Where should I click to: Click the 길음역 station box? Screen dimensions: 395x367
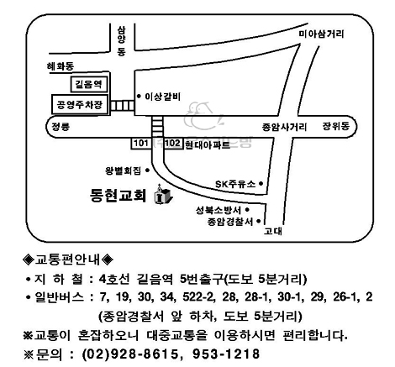tap(89, 84)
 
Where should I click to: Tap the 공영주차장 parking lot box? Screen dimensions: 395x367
tap(80, 104)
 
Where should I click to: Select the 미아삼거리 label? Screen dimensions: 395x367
tap(321, 34)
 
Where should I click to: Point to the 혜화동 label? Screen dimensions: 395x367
tap(61, 66)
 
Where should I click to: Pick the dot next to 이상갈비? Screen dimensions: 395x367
tap(139, 97)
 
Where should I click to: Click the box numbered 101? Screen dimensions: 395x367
tap(141, 144)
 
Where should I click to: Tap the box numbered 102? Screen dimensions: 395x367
tap(173, 144)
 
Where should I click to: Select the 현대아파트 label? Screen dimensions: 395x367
tap(208, 144)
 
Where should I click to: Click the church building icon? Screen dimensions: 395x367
tap(162, 193)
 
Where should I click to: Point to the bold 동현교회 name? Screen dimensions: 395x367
tap(118, 195)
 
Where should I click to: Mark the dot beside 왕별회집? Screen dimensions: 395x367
tap(147, 170)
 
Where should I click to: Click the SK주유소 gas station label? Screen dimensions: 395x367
tap(235, 184)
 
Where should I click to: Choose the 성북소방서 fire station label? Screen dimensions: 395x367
tap(219, 210)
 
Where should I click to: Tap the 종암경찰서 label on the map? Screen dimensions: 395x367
tap(230, 222)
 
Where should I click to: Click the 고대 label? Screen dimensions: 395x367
tap(273, 232)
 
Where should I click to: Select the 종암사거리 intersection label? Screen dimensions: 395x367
tap(284, 128)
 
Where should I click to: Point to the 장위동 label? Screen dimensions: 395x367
tap(336, 126)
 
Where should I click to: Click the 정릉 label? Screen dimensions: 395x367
tap(61, 127)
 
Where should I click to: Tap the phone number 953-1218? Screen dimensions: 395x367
tap(226, 354)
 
